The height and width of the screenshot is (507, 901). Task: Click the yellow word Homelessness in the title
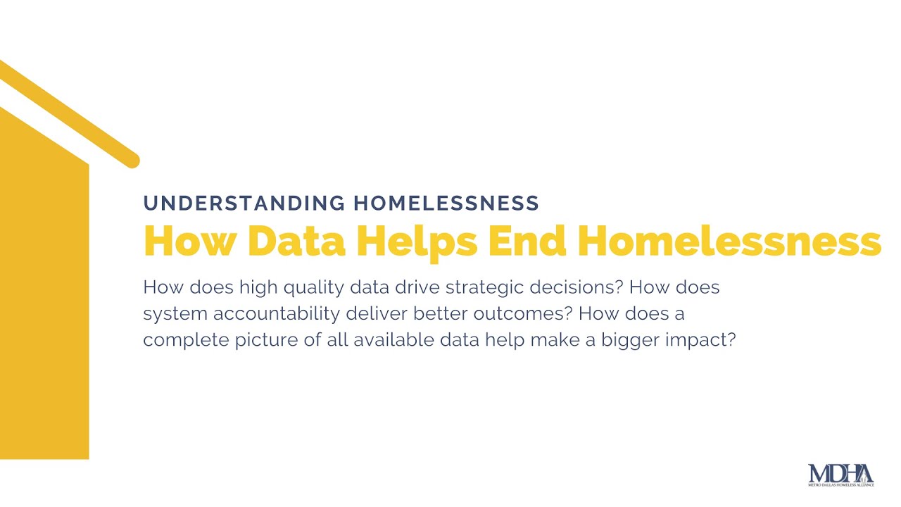729,240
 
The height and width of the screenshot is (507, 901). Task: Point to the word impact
700,340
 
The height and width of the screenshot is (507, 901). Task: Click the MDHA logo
840,474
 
